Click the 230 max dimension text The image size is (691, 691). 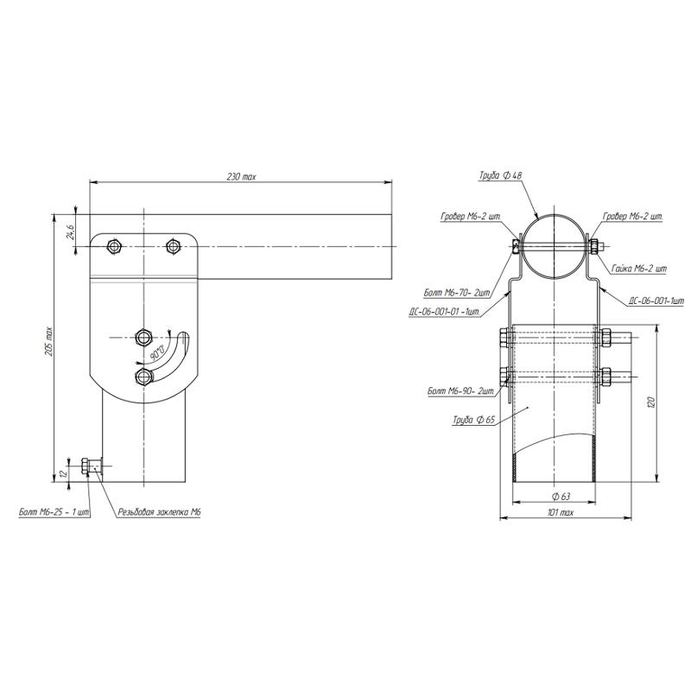[x=241, y=177]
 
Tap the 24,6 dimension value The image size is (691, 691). [x=71, y=231]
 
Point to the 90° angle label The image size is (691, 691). [x=157, y=352]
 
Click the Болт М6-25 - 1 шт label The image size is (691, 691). [x=54, y=512]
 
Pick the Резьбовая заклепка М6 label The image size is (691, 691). [x=160, y=512]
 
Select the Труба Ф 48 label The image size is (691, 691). [x=501, y=175]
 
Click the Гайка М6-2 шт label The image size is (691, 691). [x=639, y=269]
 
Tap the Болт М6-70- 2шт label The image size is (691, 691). [x=457, y=292]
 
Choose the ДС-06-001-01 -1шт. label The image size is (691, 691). [x=445, y=312]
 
